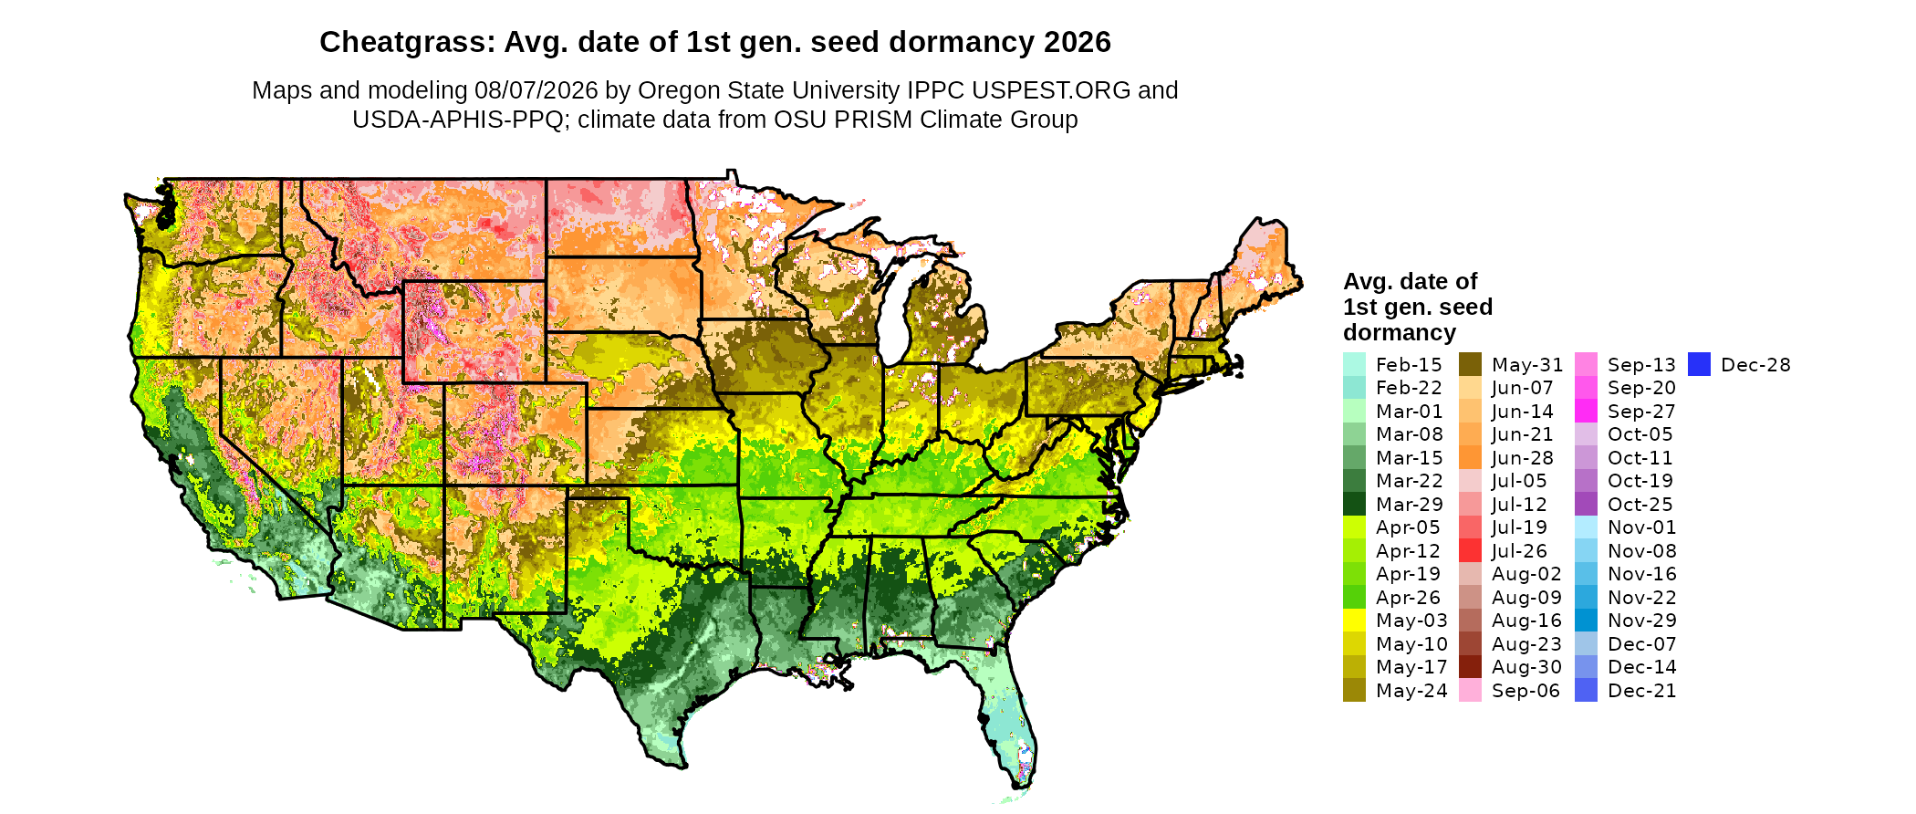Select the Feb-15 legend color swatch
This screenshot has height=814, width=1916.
tap(1354, 364)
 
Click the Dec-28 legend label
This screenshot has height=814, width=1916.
tap(1755, 365)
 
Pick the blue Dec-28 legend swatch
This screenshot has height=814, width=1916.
tap(1699, 364)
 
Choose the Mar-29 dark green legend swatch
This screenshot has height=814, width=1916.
tap(1354, 504)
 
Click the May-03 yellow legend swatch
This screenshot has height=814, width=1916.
tap(1354, 621)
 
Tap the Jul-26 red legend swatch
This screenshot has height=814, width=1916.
tap(1470, 550)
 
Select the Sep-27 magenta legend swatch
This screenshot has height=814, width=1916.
tap(1586, 411)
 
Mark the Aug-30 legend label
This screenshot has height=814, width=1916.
tap(1526, 667)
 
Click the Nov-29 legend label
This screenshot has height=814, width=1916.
tap(1642, 621)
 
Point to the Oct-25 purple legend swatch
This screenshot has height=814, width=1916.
tap(1586, 504)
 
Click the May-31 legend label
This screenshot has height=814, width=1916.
tap(1527, 365)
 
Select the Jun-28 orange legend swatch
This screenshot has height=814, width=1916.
tap(1470, 457)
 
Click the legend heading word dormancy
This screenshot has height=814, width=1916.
tap(1400, 333)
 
